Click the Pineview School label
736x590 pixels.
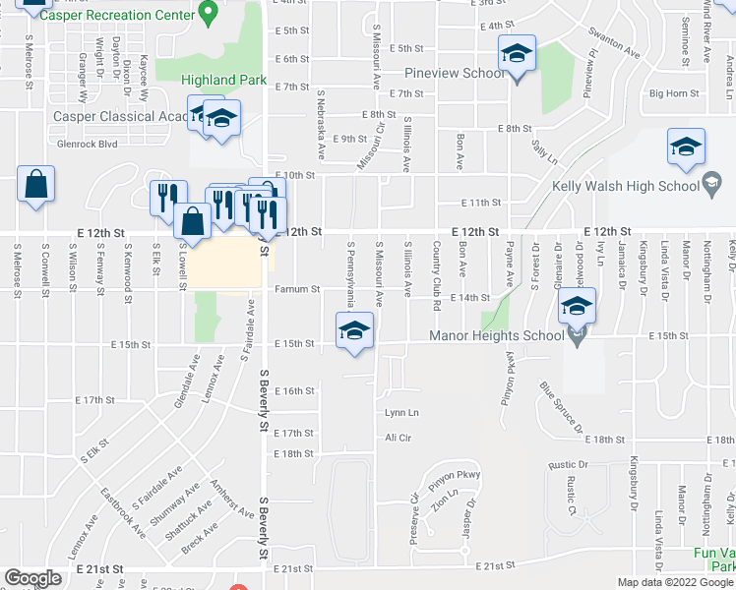tap(456, 74)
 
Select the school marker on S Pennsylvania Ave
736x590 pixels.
tap(353, 330)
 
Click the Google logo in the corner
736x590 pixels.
tap(33, 577)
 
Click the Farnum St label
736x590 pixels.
tap(297, 290)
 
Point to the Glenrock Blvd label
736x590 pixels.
tap(88, 143)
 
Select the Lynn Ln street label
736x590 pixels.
tap(401, 413)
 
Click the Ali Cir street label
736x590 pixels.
tap(398, 437)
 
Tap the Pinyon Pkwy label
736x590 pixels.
tap(454, 476)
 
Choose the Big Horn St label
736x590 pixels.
tap(674, 94)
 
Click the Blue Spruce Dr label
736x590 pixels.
tap(562, 409)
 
